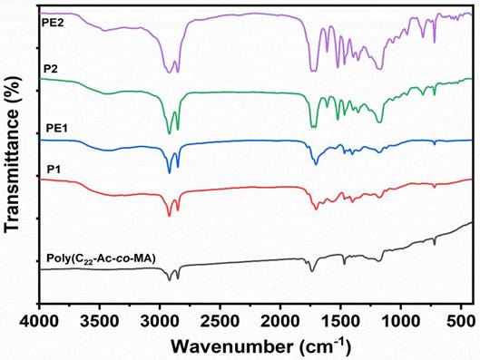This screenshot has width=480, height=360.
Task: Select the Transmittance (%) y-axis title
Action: click(13, 154)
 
